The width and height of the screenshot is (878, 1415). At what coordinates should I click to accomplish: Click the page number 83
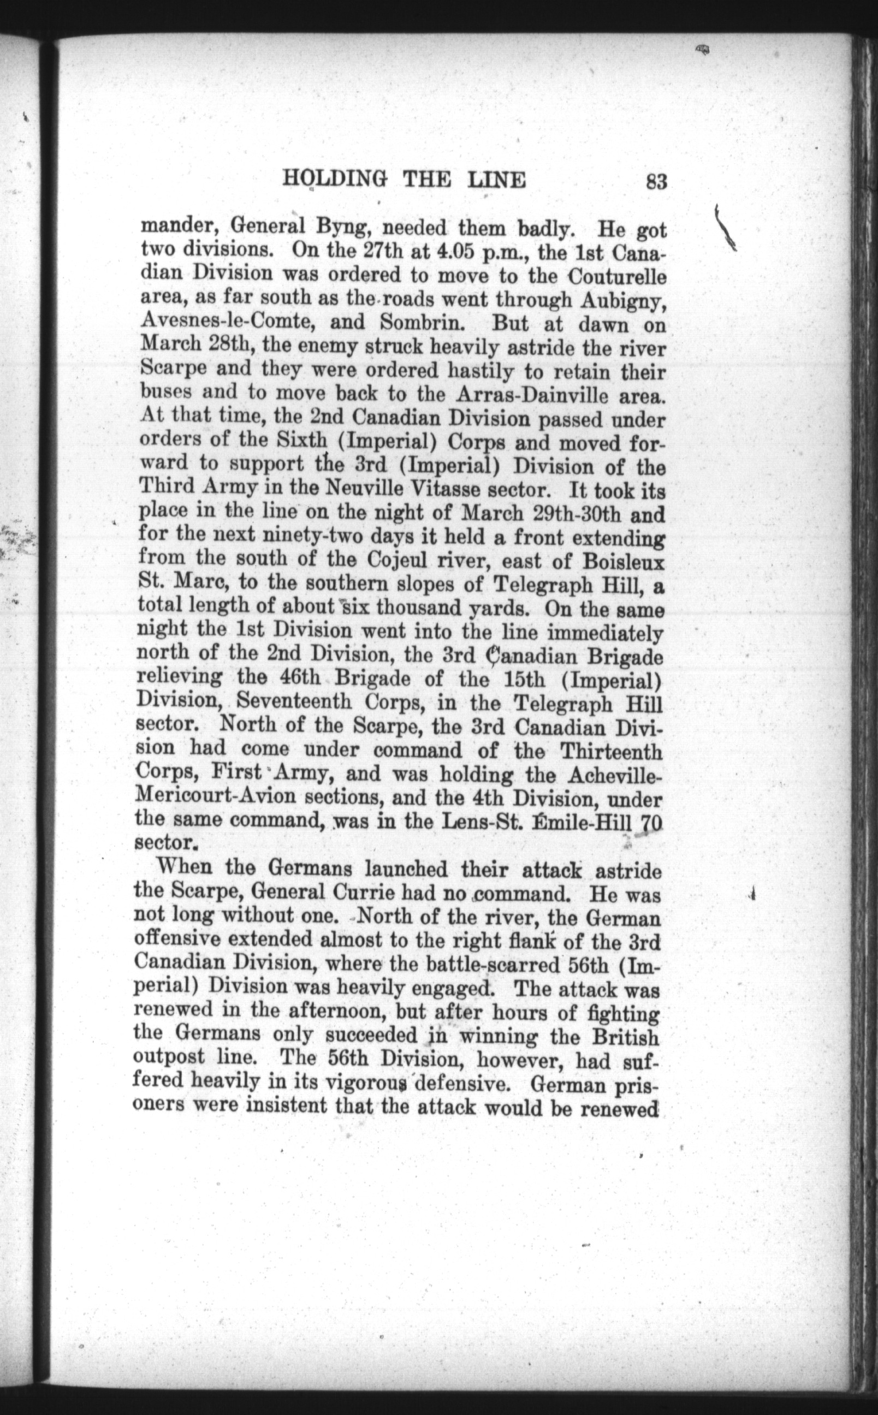(655, 182)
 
